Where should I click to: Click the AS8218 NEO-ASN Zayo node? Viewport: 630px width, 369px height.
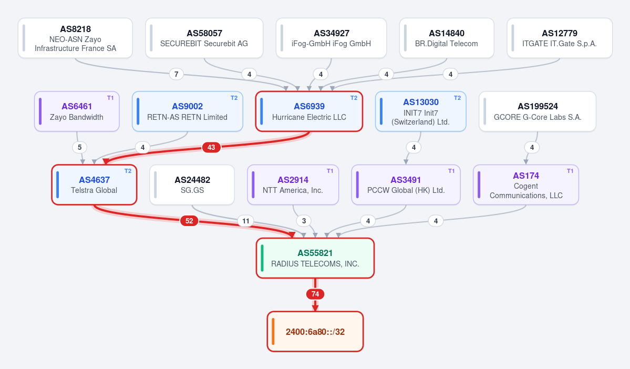point(75,38)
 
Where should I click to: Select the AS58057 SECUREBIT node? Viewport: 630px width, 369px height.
point(204,38)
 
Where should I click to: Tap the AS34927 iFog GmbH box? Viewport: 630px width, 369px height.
point(331,38)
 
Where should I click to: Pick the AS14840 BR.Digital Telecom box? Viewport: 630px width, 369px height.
point(447,38)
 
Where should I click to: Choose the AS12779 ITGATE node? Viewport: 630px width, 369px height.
point(559,38)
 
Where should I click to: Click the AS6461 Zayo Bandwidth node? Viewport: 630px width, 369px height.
point(77,111)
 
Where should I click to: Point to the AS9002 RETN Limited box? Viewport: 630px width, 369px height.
point(187,111)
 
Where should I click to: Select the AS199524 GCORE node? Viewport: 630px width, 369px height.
point(537,111)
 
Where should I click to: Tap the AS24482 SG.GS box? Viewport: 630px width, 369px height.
point(192,185)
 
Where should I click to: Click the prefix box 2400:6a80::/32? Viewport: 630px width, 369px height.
point(315,332)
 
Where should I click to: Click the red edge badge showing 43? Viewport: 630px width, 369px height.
point(211,148)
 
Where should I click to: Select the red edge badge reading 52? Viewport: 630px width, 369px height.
point(189,221)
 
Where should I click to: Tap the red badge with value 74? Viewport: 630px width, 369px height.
point(315,294)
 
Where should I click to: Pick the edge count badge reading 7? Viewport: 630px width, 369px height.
point(177,74)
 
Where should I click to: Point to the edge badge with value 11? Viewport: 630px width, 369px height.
point(246,221)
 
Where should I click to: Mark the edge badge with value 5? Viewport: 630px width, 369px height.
point(79,148)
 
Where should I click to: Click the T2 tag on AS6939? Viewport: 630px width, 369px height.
point(354,98)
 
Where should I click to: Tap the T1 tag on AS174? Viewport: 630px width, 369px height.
point(570,171)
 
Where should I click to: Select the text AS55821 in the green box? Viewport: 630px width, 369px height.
point(315,253)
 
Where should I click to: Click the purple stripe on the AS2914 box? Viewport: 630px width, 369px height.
point(253,185)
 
